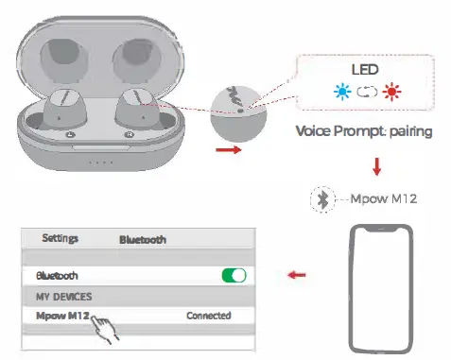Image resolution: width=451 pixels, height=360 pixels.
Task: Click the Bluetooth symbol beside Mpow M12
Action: pos(323,198)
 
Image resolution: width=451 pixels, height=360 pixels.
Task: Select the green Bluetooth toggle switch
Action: pos(233,275)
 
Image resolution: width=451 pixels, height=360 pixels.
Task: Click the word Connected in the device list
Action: pos(209,316)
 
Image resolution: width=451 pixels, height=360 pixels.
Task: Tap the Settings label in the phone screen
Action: pos(60,238)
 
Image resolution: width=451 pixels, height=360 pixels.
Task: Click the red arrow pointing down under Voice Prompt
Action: pos(376,165)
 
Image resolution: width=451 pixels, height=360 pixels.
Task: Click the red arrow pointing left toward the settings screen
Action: pos(297,276)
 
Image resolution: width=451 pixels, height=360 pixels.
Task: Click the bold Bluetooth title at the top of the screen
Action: pos(142,240)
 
